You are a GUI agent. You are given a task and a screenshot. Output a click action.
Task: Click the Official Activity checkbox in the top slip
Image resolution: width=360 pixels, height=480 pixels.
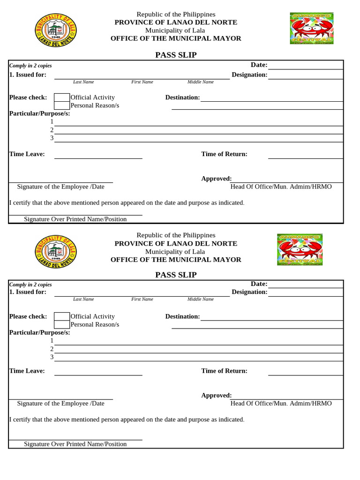click(62, 97)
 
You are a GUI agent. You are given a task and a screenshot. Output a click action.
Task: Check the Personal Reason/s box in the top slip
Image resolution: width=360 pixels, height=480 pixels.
click(62, 105)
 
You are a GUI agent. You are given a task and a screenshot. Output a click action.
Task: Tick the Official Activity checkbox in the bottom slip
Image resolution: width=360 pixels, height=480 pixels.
click(62, 316)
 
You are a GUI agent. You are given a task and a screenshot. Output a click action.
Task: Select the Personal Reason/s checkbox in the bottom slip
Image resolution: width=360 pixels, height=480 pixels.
click(62, 324)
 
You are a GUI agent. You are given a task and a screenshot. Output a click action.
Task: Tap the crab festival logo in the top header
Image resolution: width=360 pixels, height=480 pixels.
click(312, 28)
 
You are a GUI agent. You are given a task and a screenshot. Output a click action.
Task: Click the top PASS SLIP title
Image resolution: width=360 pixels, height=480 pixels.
click(176, 55)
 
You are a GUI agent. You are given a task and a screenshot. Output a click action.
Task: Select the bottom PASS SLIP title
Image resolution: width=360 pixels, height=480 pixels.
click(176, 275)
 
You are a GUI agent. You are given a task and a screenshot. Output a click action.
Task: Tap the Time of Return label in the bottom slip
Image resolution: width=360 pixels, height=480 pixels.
click(224, 371)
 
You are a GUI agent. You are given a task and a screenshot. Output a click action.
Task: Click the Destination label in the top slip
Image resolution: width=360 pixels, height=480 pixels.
click(182, 97)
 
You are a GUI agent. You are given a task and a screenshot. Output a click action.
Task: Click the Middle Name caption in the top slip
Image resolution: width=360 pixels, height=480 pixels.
click(200, 82)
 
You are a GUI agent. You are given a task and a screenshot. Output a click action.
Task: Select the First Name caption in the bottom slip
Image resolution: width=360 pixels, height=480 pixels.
click(142, 299)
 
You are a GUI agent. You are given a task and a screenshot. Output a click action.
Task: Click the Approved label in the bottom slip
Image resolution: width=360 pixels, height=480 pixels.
click(216, 396)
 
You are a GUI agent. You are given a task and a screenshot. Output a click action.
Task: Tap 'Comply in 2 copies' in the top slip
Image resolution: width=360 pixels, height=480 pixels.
click(30, 66)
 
